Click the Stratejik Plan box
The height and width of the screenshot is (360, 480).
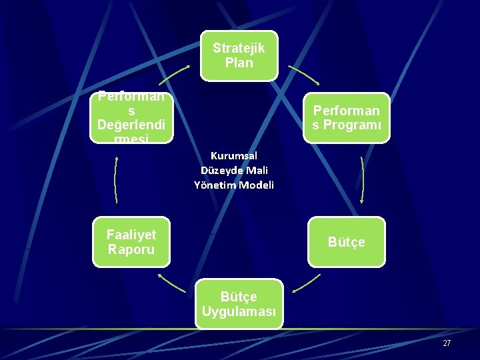(x=239, y=55)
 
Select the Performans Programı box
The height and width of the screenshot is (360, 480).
(x=346, y=118)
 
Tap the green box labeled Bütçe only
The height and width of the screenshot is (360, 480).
(x=346, y=241)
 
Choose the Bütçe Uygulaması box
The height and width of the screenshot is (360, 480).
(x=239, y=303)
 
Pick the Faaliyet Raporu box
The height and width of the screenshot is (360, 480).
(x=131, y=241)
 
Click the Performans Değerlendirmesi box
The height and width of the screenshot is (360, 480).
(x=131, y=118)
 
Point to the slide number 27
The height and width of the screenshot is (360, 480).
(x=447, y=343)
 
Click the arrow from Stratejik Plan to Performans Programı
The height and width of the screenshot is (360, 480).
(x=304, y=75)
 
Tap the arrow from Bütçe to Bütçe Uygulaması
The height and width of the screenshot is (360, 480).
(x=306, y=283)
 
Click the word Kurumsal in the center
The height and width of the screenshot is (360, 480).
(x=233, y=155)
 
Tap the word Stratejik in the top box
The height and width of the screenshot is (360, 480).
(x=239, y=48)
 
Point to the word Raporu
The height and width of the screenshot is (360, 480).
(x=131, y=249)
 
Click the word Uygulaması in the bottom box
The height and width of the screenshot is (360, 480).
(x=239, y=311)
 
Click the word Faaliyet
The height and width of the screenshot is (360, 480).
(x=131, y=234)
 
